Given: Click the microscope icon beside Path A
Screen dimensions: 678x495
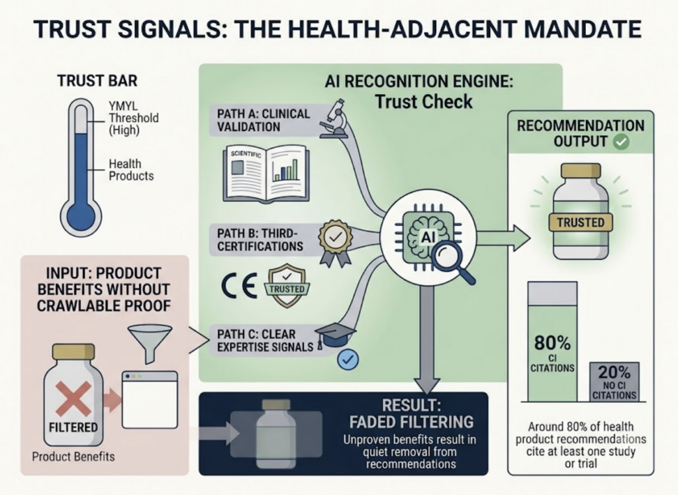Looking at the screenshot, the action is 334,119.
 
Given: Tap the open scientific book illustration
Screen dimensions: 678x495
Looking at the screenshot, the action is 266,174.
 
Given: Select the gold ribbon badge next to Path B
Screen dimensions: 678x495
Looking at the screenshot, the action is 336,243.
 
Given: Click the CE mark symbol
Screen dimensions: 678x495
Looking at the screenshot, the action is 239,286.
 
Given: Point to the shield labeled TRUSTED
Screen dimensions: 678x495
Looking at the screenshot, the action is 287,286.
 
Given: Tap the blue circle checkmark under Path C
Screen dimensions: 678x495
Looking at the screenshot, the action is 348,359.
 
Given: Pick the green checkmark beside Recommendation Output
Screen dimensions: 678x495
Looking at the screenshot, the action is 621,142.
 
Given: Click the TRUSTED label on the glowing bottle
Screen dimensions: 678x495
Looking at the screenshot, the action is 580,223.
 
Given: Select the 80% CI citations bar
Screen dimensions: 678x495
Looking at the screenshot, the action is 553,341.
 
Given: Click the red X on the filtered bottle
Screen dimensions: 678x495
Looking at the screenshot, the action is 73,398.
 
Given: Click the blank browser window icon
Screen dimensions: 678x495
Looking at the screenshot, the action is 150,400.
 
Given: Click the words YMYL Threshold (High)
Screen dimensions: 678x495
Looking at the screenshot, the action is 134,118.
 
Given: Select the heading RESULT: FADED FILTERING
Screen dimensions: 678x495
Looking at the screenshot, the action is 411,413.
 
